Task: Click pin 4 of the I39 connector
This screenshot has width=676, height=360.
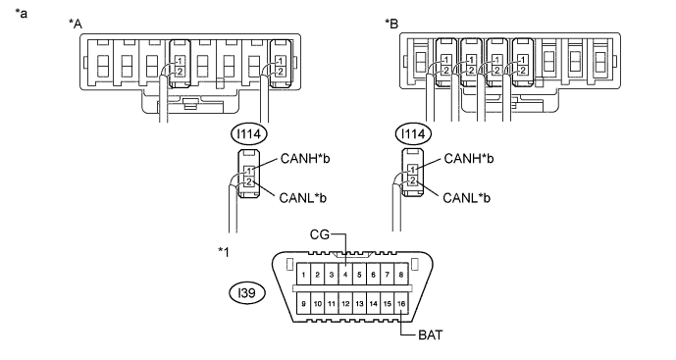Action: [345, 275]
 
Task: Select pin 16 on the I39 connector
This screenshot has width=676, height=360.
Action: [401, 303]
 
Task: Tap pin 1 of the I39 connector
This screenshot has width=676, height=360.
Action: [303, 275]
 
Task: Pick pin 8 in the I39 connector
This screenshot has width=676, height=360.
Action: [401, 275]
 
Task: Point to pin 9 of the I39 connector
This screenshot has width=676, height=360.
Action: [303, 303]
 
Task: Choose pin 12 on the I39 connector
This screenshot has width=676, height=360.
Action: [345, 303]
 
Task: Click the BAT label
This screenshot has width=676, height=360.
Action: [430, 335]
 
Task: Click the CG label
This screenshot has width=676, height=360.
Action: [320, 234]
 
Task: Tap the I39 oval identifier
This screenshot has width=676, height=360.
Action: [247, 293]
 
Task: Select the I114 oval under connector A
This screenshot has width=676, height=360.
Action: [249, 134]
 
